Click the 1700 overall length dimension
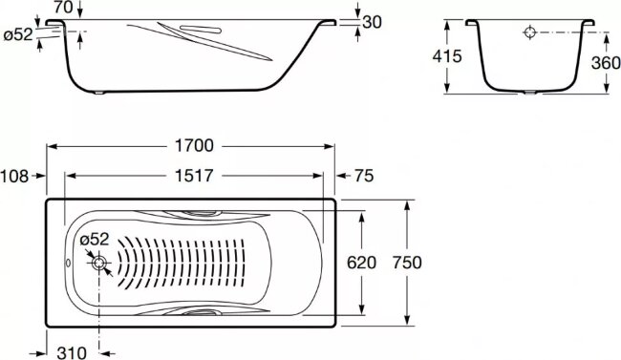click(194, 146)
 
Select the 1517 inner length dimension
click(194, 176)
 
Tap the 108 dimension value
click(14, 177)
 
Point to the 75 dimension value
click(364, 176)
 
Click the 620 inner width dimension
click(361, 263)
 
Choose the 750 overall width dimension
click(407, 263)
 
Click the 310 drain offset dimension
click(72, 352)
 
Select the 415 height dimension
click(447, 56)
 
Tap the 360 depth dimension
click(606, 63)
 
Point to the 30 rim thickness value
click(372, 22)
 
